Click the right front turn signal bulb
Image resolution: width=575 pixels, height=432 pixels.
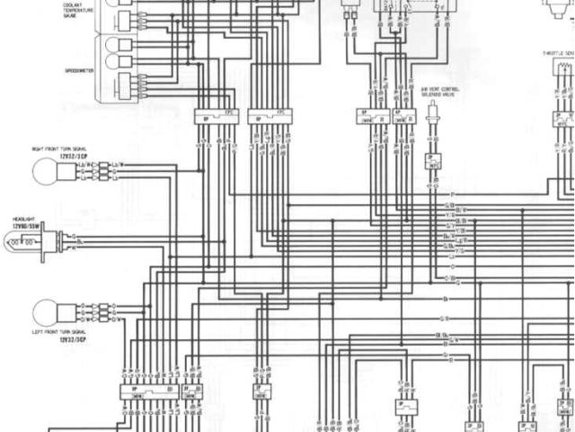(x=45, y=170)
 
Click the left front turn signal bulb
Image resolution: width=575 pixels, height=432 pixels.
(x=45, y=313)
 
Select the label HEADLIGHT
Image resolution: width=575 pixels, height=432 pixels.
(x=23, y=219)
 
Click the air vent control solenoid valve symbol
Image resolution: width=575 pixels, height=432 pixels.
(x=434, y=114)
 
